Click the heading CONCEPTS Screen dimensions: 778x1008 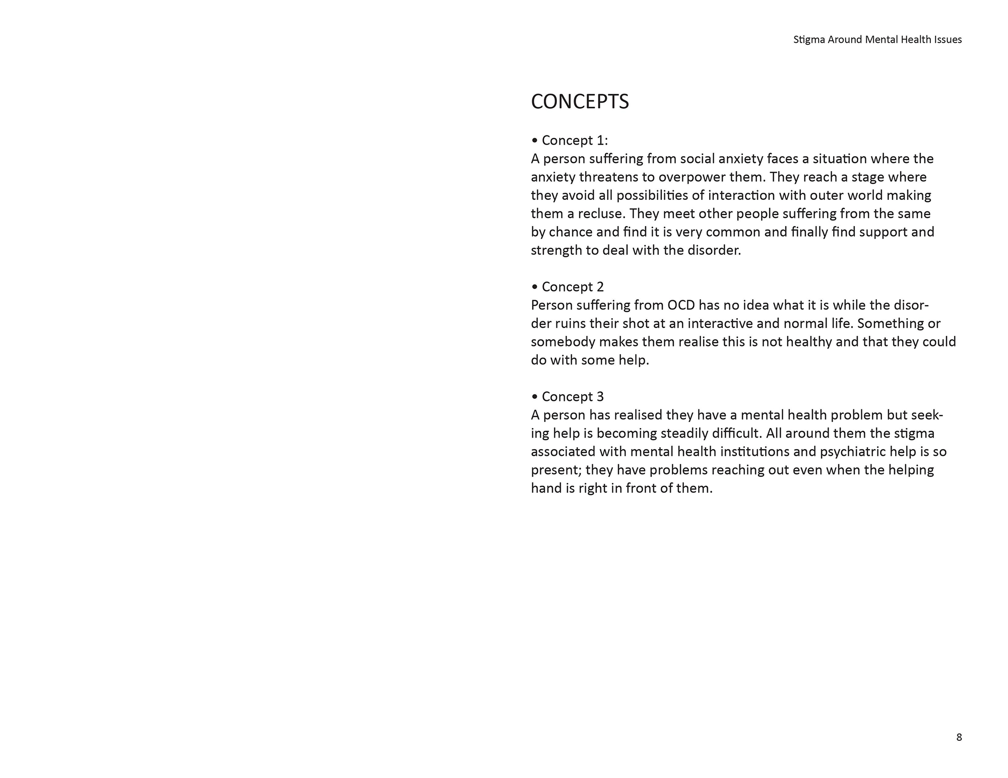point(580,102)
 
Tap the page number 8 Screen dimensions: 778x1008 point(959,737)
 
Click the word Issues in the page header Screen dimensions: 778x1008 point(948,40)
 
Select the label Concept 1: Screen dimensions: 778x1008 point(575,140)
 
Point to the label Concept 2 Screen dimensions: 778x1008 point(573,287)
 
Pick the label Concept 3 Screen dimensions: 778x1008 point(573,397)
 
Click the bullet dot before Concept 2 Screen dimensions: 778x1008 point(535,287)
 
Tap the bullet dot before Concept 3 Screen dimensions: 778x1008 point(535,397)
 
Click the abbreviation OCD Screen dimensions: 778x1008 point(681,305)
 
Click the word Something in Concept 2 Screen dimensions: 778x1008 point(889,323)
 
